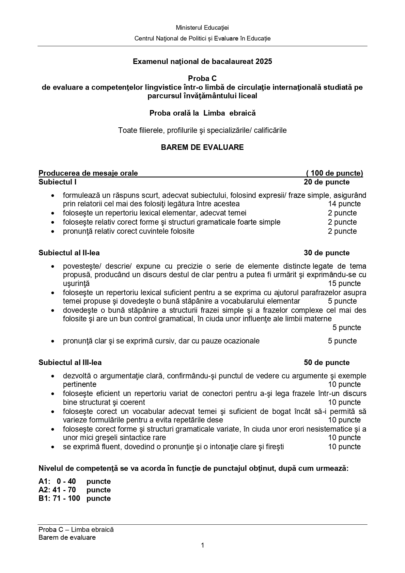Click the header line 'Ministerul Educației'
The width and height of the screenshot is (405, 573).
[x=202, y=28]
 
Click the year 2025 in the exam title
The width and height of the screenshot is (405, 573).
[x=264, y=61]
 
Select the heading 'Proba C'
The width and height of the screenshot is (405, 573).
[x=202, y=78]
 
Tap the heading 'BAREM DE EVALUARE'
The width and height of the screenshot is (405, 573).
[x=202, y=147]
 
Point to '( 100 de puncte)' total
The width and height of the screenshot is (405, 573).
[x=335, y=173]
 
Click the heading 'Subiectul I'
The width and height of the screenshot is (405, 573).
[x=57, y=182]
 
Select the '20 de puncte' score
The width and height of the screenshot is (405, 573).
[x=327, y=182]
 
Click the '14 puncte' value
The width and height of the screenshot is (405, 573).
[x=344, y=204]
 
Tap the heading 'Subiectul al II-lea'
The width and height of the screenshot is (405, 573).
[x=69, y=253]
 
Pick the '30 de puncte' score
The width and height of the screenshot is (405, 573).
[x=327, y=253]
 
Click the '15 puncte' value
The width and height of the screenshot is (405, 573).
[x=344, y=283]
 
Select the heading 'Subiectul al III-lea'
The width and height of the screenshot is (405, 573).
[x=70, y=362]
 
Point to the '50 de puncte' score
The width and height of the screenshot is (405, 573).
[x=327, y=362]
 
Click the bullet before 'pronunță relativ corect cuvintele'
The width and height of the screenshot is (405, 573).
[x=53, y=231]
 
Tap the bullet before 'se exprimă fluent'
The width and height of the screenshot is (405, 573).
[x=53, y=447]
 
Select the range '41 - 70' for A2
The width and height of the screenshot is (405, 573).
[x=64, y=490]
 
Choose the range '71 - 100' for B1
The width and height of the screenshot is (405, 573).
[x=66, y=498]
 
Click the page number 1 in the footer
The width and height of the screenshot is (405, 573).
[x=203, y=545]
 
